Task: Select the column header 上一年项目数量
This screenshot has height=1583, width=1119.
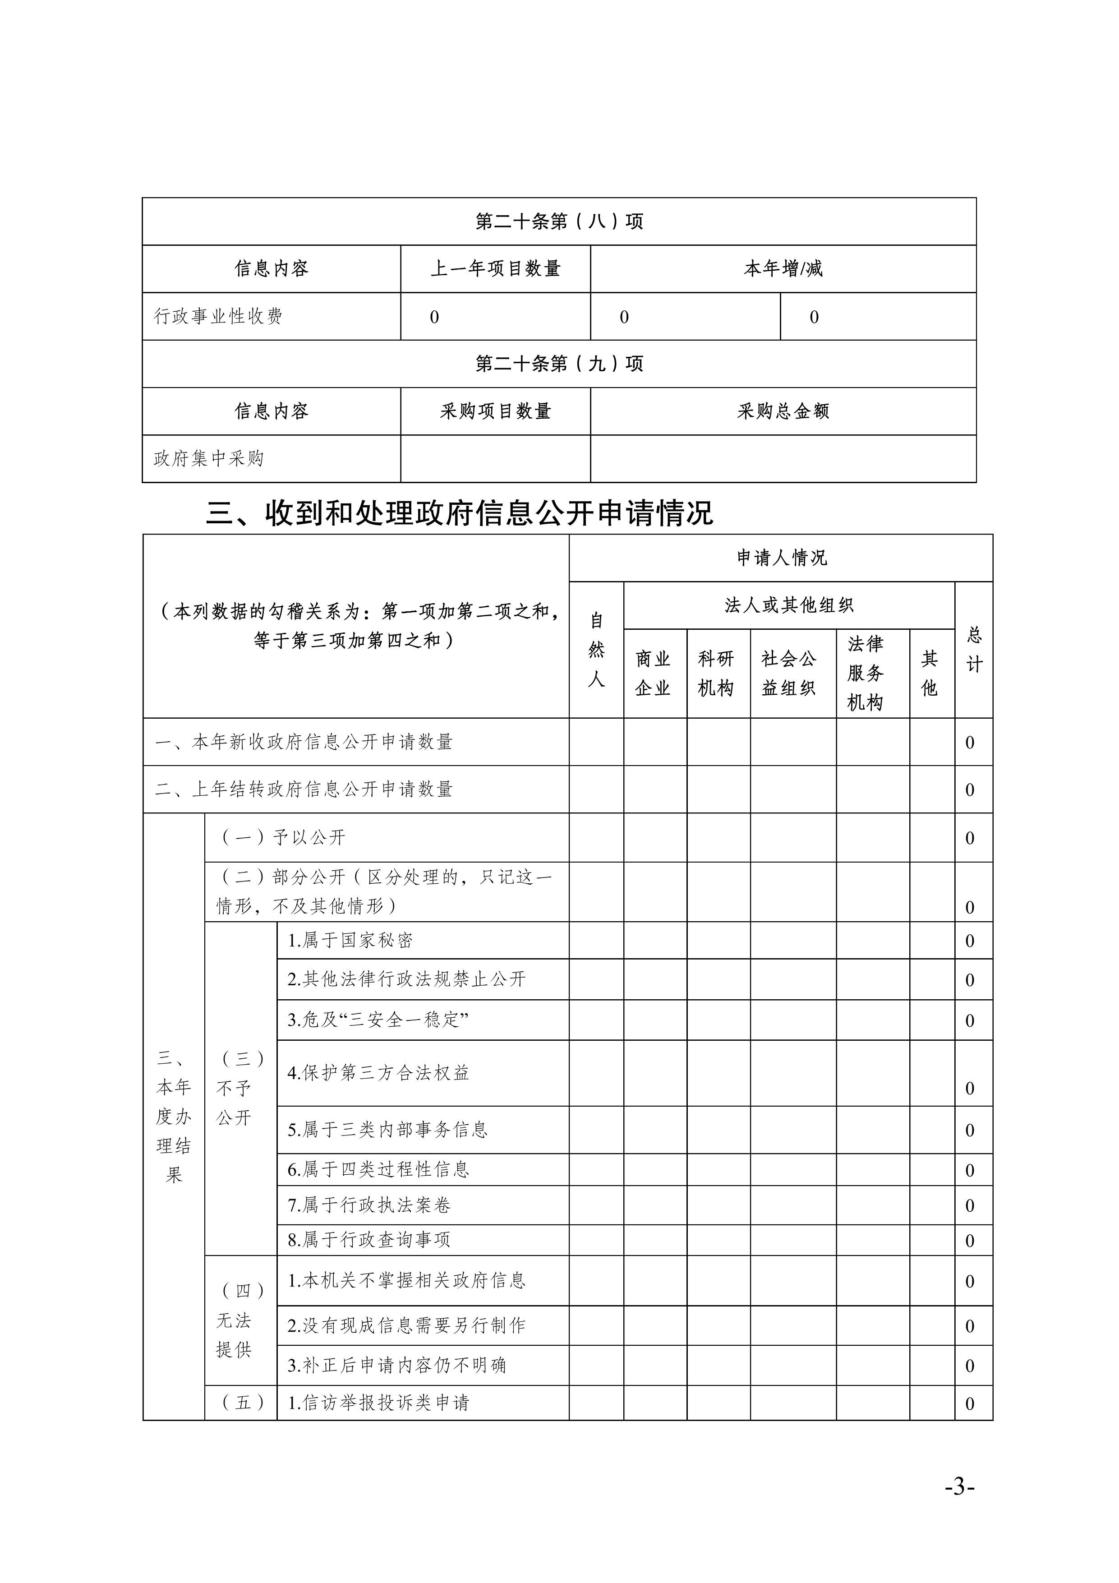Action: tap(495, 269)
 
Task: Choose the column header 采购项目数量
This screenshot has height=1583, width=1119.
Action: tap(495, 411)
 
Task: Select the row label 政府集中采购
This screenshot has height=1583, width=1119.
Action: tap(208, 458)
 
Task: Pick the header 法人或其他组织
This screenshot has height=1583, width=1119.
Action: tap(789, 605)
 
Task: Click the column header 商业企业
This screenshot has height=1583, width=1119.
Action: tap(653, 674)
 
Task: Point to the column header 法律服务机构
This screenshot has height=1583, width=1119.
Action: tap(865, 674)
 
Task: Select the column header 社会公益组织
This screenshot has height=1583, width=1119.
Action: tap(789, 674)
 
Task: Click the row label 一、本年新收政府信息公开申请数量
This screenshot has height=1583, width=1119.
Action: tap(304, 743)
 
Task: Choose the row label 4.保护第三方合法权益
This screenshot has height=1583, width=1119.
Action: tap(378, 1073)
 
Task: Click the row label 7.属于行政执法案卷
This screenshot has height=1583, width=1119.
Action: tap(369, 1205)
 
